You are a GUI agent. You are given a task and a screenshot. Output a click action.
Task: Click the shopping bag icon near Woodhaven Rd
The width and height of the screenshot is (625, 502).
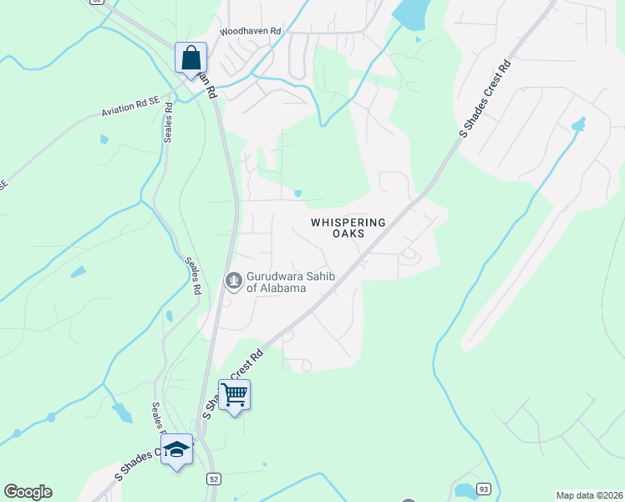(191, 59)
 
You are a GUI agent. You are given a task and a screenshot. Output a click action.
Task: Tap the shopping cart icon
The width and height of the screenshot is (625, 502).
(235, 394)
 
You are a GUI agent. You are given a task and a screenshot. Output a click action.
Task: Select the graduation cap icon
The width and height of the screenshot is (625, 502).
(176, 450)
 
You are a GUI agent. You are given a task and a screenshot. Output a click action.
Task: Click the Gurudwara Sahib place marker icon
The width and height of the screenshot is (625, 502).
(234, 280)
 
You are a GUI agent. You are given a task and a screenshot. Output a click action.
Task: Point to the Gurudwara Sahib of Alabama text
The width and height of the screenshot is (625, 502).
(276, 282)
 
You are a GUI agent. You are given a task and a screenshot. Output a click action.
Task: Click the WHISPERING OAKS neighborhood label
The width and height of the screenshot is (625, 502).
(348, 228)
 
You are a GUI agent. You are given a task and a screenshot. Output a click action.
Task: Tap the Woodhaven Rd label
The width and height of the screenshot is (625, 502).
(251, 32)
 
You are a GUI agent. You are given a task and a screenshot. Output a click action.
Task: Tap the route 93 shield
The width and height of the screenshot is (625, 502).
(484, 489)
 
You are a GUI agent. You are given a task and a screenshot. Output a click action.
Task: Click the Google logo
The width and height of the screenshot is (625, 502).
(28, 491)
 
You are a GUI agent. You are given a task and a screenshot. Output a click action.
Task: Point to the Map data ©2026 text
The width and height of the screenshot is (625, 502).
(589, 495)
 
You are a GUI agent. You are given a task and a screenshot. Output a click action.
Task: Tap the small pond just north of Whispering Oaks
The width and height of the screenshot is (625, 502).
(298, 194)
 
